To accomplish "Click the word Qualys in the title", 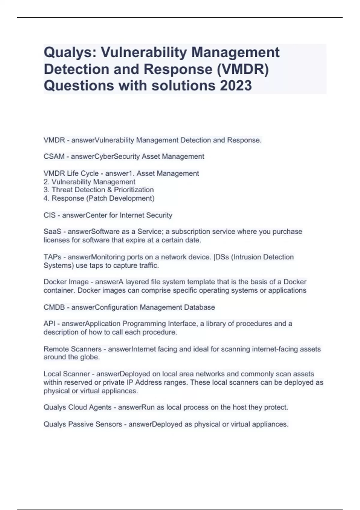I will pos(69,52).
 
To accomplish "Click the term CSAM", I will pos(54,157).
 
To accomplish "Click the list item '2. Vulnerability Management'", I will pos(89,182).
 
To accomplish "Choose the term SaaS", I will pos(52,232).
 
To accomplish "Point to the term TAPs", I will pos(52,257).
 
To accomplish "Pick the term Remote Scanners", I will pos(72,349).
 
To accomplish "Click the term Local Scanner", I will pos(67,374).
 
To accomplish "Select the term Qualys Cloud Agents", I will pos(77,407).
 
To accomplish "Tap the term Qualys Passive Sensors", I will pos(82,424).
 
